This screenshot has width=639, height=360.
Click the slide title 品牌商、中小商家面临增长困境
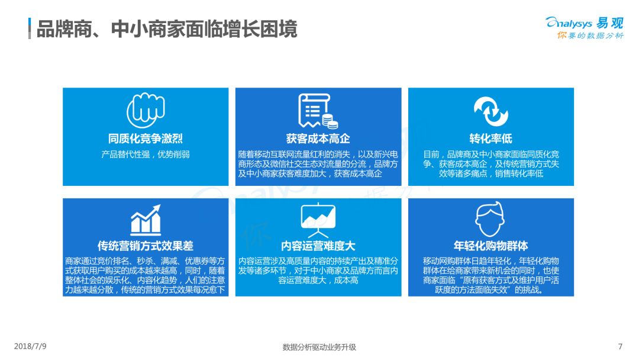point(167,29)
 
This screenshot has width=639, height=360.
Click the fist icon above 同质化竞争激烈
point(146,110)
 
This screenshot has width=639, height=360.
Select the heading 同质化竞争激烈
point(146,139)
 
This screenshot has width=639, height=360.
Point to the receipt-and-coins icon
point(318,111)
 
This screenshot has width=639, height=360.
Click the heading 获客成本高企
point(318,139)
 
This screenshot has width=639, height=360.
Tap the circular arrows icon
point(490,111)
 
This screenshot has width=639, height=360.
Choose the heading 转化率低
point(490,139)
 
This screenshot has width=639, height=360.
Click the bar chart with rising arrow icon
point(146,220)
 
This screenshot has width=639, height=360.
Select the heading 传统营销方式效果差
point(146,246)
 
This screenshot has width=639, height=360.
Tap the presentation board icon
point(318,220)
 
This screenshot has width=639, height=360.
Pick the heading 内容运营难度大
point(318,246)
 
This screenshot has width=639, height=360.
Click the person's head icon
point(490,219)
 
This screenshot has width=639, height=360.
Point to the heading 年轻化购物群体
point(490,246)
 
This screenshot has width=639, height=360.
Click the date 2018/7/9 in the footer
point(30,346)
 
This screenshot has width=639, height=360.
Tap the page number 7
point(620,346)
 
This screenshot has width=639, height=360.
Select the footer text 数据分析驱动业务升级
point(319,347)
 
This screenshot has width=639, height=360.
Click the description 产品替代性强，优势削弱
point(146,155)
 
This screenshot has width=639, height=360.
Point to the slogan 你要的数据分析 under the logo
point(590,36)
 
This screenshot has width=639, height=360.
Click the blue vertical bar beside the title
point(30,28)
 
